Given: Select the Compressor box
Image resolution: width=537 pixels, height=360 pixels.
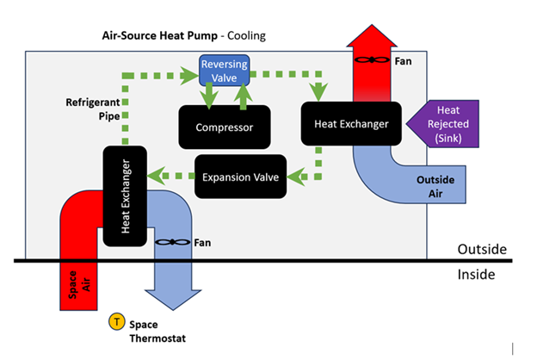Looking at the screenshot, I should tap(224, 127).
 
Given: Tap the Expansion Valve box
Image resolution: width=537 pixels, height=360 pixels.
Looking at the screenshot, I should tap(240, 177).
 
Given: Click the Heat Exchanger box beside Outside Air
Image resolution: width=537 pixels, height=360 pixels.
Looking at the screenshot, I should tap(344, 125).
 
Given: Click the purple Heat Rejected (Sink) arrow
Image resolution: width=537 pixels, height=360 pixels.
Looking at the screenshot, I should tap(440, 124).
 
